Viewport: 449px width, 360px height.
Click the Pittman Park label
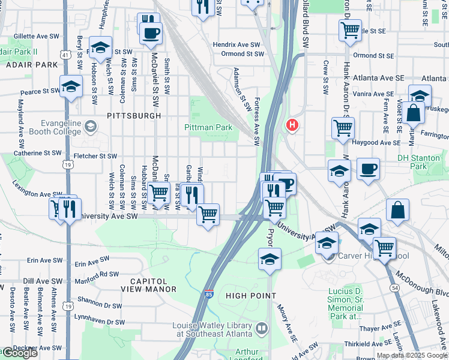tap(208, 127)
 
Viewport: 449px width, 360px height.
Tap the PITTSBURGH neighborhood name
tap(134, 115)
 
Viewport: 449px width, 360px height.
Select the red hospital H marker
tap(292, 125)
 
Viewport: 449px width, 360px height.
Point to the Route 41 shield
tap(64, 54)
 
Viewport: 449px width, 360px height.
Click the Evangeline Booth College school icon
tap(91, 126)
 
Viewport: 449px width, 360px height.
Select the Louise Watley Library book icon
tap(261, 328)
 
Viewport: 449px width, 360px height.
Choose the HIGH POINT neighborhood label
tap(251, 296)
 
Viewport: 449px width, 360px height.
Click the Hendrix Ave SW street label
tap(237, 44)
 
